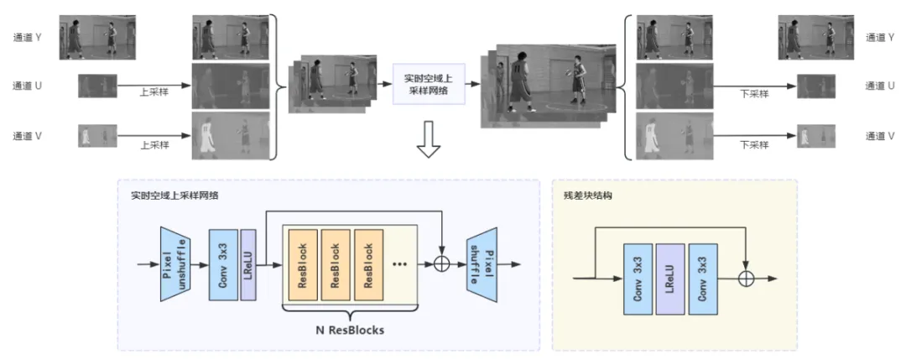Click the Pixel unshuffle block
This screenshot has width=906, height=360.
click(x=174, y=263)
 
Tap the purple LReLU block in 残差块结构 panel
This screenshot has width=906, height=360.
click(x=671, y=279)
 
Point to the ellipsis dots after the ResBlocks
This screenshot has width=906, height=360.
click(x=400, y=263)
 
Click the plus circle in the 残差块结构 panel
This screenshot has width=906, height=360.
click(x=743, y=279)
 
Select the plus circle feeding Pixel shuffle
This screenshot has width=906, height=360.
click(x=441, y=263)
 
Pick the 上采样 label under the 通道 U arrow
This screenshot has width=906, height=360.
click(x=154, y=93)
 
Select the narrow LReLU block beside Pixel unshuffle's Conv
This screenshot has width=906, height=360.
click(x=247, y=263)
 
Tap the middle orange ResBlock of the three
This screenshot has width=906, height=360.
click(x=334, y=264)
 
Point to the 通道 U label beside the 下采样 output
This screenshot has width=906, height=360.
click(x=881, y=86)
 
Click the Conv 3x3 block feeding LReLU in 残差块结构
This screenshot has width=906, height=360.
click(x=638, y=279)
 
